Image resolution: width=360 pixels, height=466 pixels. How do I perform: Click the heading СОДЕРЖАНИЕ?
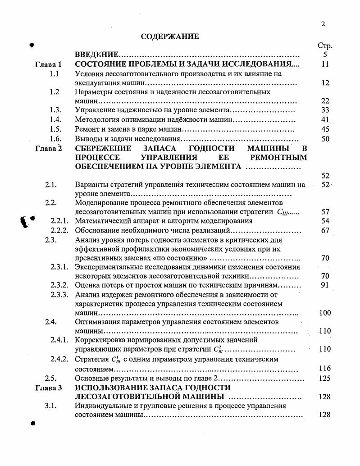coord(169,37)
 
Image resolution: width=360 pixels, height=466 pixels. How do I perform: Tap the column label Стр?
coord(325,46)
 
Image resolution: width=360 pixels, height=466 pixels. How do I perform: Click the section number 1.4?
coord(55,120)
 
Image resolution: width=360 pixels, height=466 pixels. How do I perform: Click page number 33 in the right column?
coord(325,110)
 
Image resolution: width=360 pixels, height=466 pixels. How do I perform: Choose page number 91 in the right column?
coord(325,285)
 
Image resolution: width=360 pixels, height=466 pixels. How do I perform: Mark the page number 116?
coord(324,369)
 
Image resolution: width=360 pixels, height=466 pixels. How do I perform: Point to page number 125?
coord(324,378)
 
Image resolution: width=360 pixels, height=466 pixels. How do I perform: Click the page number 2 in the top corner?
coord(323,24)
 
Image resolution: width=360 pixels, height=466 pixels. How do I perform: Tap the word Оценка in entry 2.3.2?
coord(87,285)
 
